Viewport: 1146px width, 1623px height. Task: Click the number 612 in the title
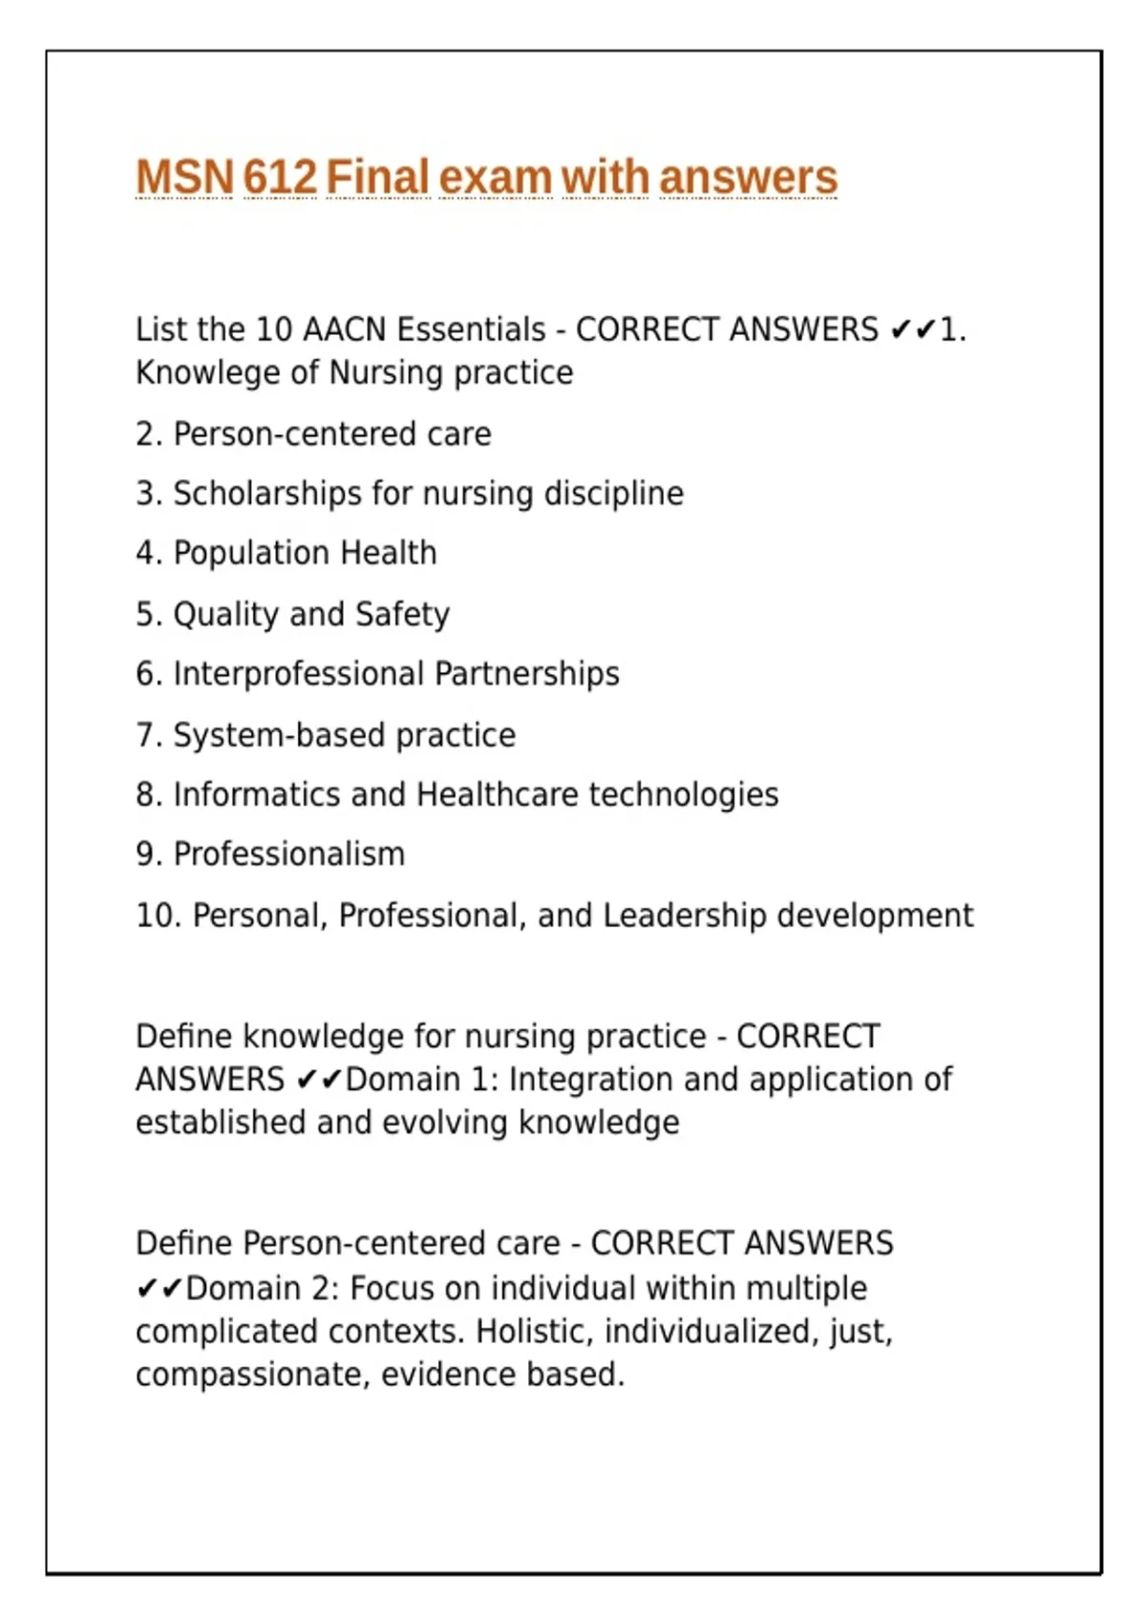[x=279, y=178]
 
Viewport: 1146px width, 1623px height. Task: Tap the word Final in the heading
[x=377, y=178]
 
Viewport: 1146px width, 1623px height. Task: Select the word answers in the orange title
[x=748, y=178]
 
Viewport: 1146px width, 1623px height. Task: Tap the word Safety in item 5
[x=402, y=614]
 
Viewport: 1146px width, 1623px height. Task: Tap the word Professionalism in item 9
[x=289, y=854]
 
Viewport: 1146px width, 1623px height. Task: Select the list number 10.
[x=157, y=915]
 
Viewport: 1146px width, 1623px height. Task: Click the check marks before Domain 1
[x=319, y=1080]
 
